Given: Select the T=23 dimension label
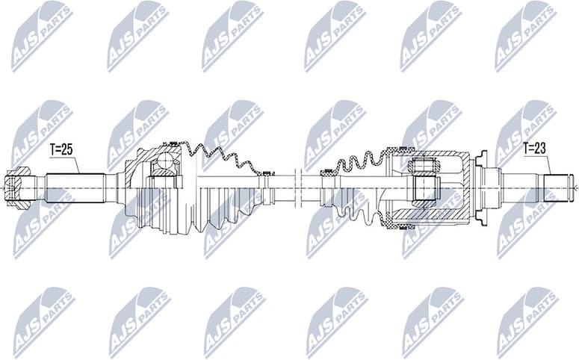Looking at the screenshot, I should tap(535, 149).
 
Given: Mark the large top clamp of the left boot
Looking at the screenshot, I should tap(173, 143).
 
